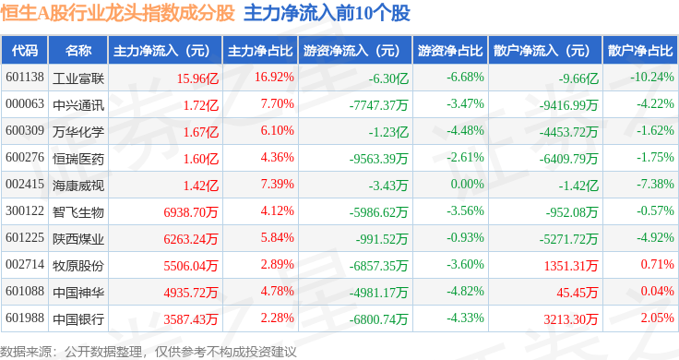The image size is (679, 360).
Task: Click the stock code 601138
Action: pos(25,78)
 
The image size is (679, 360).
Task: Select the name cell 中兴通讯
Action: pos(78,105)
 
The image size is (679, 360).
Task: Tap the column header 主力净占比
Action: pos(260,51)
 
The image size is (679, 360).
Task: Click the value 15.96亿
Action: pos(197,78)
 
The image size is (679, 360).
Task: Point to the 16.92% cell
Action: pos(274,78)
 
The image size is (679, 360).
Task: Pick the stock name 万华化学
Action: pos(78,132)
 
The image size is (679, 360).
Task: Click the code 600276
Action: pos(25,157)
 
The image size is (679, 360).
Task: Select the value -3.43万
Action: pos(388,186)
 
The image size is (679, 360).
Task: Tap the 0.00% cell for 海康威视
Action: pos(467,184)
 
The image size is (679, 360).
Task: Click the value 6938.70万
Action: pos(191,212)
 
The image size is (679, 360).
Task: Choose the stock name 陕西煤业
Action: pos(78,239)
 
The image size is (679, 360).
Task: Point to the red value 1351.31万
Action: pos(571,266)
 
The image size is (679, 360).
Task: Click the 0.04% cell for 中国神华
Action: pos(658,291)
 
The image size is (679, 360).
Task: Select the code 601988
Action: pos(25,318)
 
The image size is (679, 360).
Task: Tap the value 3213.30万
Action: pos(571,319)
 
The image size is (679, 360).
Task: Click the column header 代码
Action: pos(25,51)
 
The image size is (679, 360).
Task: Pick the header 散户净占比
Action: pos(640,51)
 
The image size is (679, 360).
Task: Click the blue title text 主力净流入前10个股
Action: pos(327,14)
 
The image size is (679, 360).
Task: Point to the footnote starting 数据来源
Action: pos(149,352)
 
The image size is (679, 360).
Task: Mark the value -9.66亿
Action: pos(578,78)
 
